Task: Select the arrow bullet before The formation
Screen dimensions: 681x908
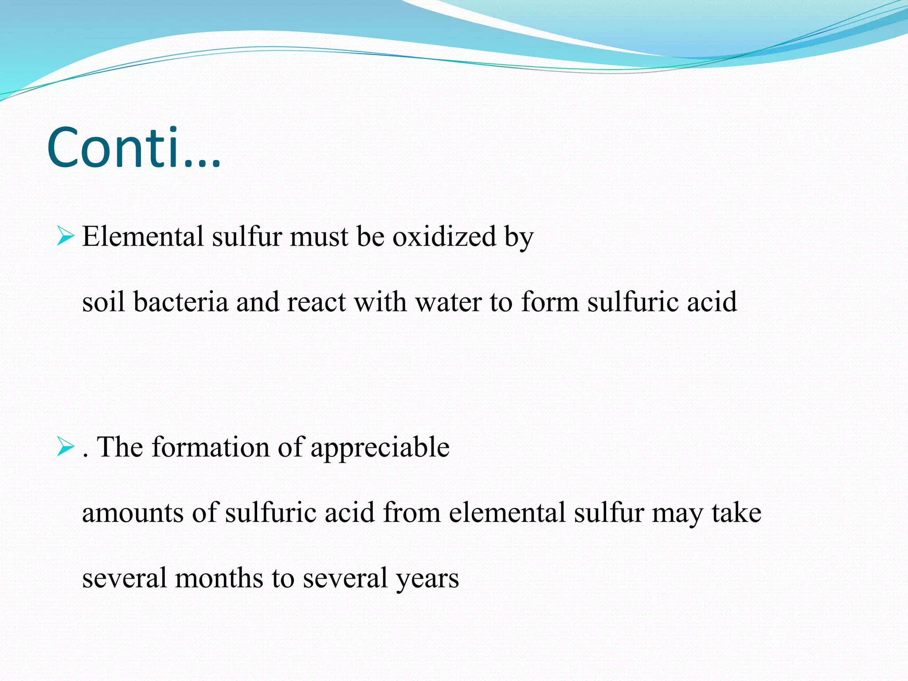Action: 65,446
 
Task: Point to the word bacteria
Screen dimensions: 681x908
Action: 180,302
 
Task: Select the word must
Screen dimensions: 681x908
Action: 319,236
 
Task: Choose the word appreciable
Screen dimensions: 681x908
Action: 380,447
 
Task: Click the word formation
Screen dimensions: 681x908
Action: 211,446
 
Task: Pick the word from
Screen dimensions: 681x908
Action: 411,513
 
